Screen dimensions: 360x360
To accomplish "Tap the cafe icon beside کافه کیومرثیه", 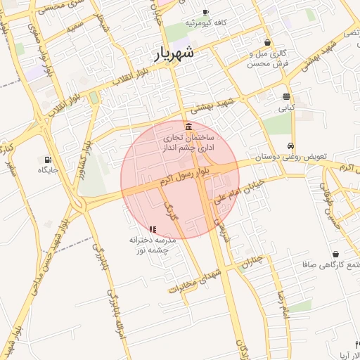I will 205,12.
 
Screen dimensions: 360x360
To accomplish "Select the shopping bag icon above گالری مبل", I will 267,43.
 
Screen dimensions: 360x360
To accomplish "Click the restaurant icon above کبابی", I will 286,97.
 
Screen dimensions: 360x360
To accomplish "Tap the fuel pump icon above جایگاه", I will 48,160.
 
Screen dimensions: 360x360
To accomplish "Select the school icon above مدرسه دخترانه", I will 153,229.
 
